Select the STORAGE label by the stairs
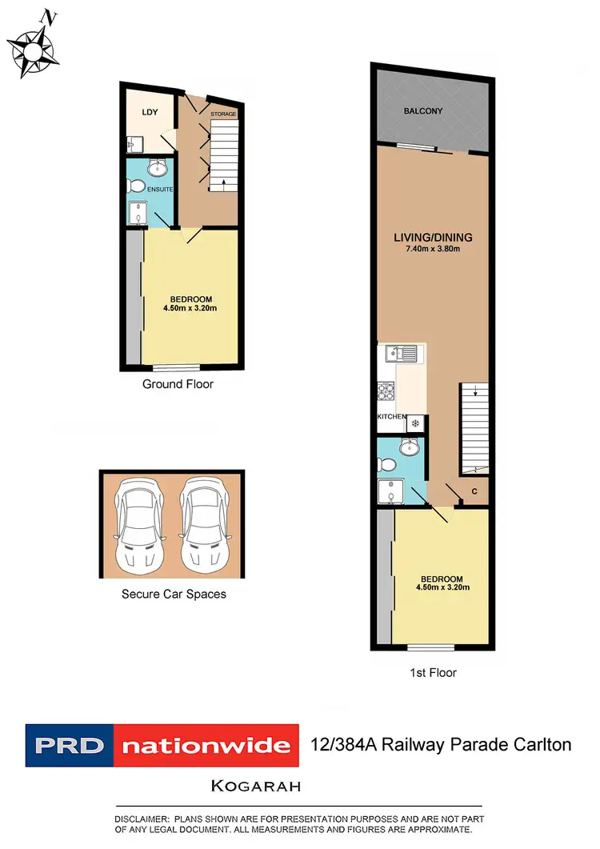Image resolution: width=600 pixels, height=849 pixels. coord(223,114)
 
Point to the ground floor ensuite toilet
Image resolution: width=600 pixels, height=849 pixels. coord(134,186)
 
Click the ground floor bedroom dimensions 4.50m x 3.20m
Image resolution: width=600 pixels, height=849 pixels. coord(190,308)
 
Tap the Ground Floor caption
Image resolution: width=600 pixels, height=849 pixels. coord(178,384)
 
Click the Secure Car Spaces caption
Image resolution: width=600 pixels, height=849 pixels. coord(174,594)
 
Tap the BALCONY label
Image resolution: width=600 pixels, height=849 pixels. coord(423,110)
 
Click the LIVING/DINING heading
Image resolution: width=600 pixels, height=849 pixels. coord(433,237)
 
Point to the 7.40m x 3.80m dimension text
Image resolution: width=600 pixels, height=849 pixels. coord(433,249)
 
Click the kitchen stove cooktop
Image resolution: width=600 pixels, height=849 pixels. coord(386,392)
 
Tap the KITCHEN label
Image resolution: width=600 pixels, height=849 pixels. coord(392,418)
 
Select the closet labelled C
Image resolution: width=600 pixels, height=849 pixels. coord(474,491)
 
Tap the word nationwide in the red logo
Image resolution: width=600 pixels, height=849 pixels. coord(206,746)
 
